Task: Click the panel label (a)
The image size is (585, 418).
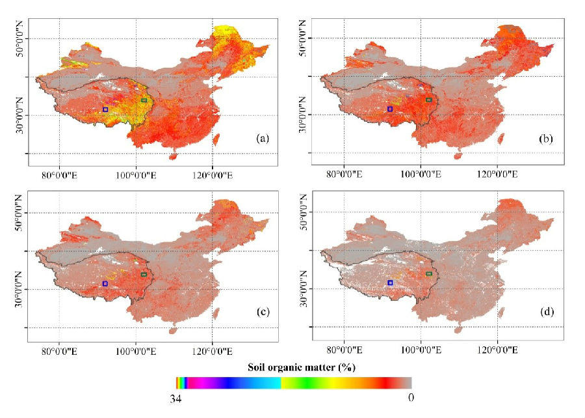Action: pyautogui.click(x=263, y=139)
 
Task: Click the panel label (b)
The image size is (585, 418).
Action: pyautogui.click(x=546, y=139)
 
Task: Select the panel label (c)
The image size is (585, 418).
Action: pyautogui.click(x=263, y=312)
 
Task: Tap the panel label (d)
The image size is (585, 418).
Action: pyautogui.click(x=547, y=312)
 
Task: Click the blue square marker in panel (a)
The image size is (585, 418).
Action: pyautogui.click(x=105, y=109)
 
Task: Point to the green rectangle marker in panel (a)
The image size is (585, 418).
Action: pyautogui.click(x=144, y=100)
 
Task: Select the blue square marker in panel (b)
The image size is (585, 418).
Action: pyautogui.click(x=390, y=109)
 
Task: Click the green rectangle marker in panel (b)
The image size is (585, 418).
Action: pyautogui.click(x=429, y=100)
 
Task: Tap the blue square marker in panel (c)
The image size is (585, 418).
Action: pyautogui.click(x=105, y=283)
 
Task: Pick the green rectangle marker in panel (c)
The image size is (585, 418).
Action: pyautogui.click(x=144, y=275)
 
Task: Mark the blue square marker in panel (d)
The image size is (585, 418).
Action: pyautogui.click(x=390, y=283)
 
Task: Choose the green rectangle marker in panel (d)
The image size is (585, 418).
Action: pyautogui.click(x=429, y=274)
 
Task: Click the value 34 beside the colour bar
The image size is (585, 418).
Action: pyautogui.click(x=175, y=399)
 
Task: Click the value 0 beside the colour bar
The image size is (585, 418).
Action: pyautogui.click(x=411, y=397)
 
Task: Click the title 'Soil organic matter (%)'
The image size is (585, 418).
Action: pyautogui.click(x=302, y=368)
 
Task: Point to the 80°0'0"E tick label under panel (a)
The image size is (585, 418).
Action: pyautogui.click(x=59, y=175)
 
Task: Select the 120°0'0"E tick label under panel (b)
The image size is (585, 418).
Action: pyautogui.click(x=497, y=174)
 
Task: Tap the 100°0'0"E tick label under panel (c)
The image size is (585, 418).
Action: pyautogui.click(x=136, y=351)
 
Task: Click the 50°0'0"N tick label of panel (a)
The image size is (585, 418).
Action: pyautogui.click(x=19, y=39)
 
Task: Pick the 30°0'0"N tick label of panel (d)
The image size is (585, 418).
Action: pyautogui.click(x=304, y=288)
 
